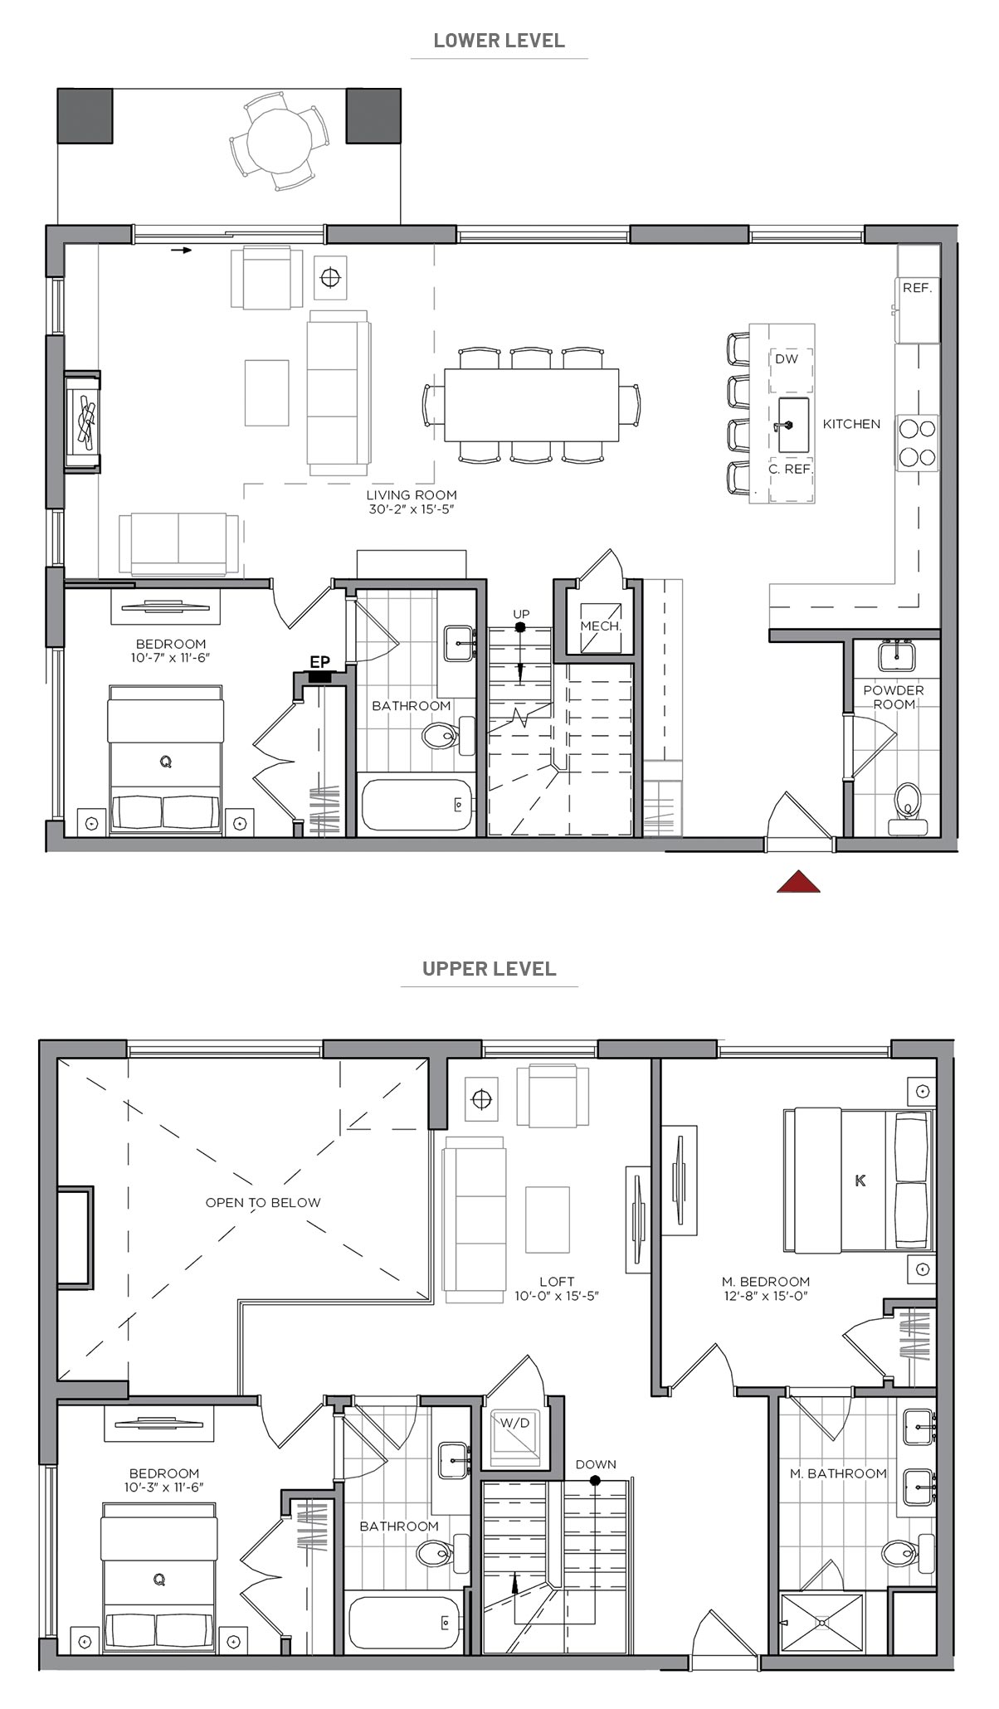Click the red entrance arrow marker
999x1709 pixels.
[798, 883]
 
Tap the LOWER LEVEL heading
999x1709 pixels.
[499, 41]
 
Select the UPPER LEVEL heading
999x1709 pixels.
[489, 968]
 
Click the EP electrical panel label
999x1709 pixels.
[319, 662]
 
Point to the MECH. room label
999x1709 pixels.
[601, 626]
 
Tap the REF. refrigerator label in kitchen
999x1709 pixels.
[917, 289]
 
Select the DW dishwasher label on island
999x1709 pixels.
[786, 359]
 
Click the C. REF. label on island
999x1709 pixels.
[790, 469]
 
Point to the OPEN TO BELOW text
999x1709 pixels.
[263, 1202]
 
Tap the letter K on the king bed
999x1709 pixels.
[860, 1181]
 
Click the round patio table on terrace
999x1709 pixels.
[280, 139]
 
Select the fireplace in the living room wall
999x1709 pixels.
[84, 422]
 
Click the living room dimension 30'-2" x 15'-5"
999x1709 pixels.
[412, 509]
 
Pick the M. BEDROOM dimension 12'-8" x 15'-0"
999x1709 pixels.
[765, 1295]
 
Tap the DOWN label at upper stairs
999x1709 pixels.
[596, 1464]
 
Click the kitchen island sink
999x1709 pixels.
[792, 425]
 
